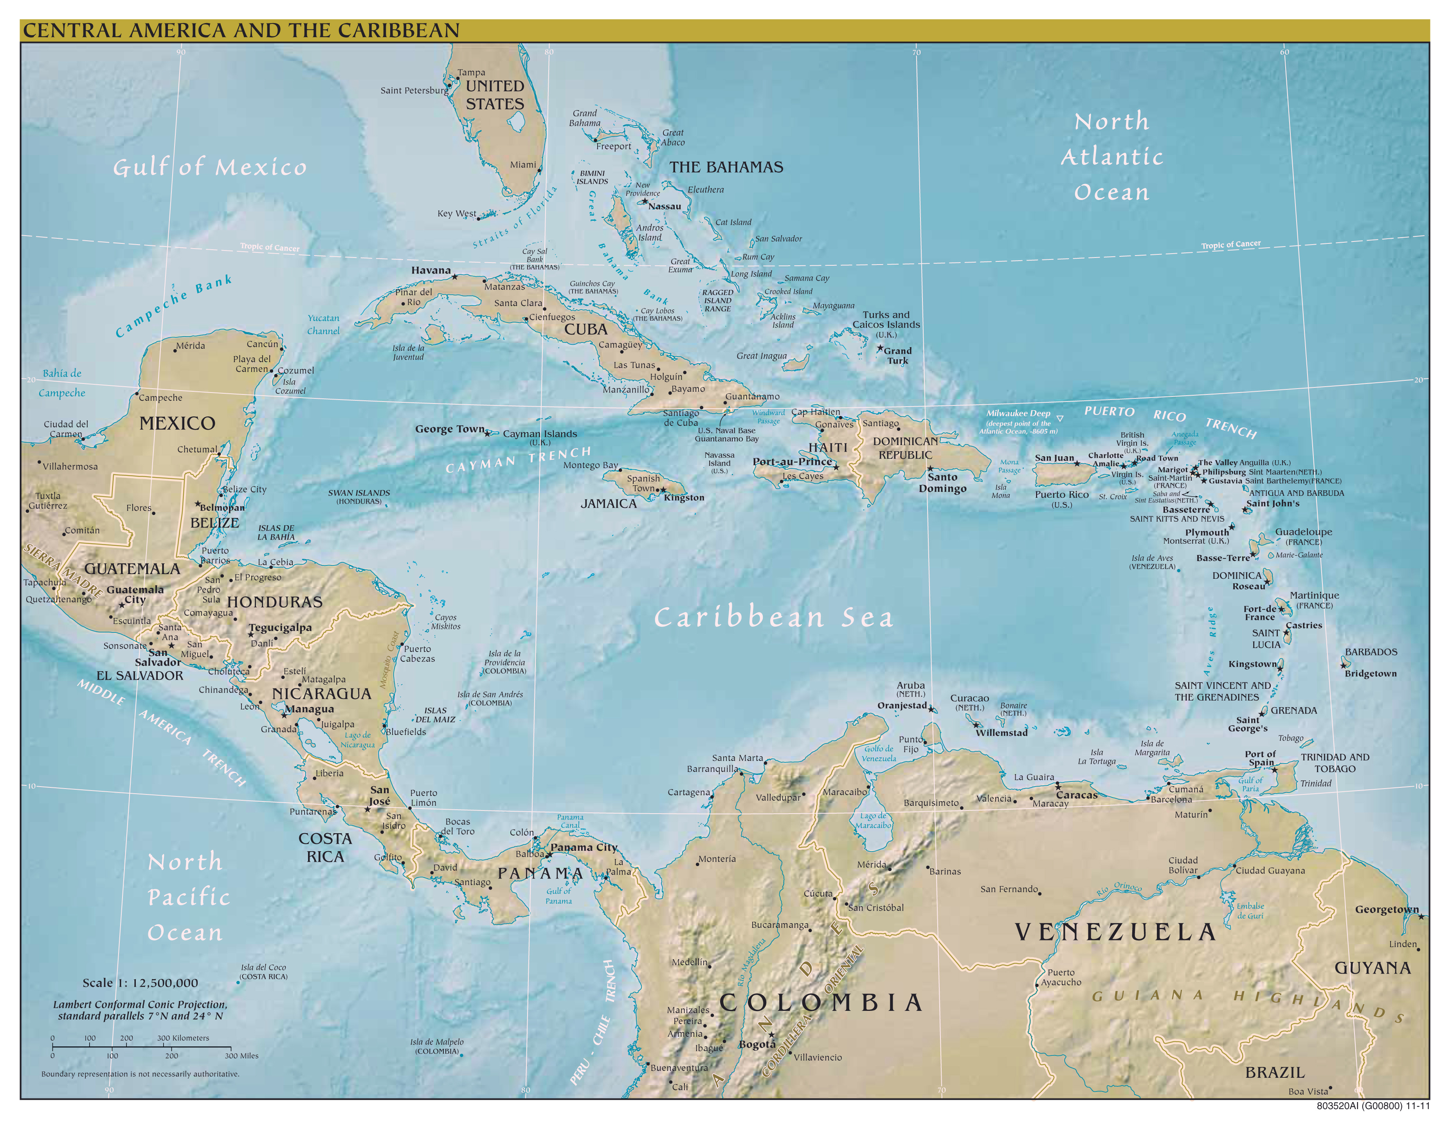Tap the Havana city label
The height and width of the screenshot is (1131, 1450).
coord(431,270)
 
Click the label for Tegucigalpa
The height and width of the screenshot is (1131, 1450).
coord(280,627)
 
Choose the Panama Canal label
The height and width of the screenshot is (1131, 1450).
coord(570,821)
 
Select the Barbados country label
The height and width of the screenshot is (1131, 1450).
coord(1371,652)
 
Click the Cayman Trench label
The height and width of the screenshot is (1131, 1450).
coord(518,459)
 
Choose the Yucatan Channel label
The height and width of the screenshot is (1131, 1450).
coord(323,324)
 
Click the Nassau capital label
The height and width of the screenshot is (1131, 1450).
coord(665,206)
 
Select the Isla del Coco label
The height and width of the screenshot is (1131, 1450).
coord(263,972)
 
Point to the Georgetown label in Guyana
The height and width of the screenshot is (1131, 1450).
coord(1386,909)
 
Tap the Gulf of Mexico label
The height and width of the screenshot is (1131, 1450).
coord(210,167)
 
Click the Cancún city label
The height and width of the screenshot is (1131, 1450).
coord(262,344)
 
